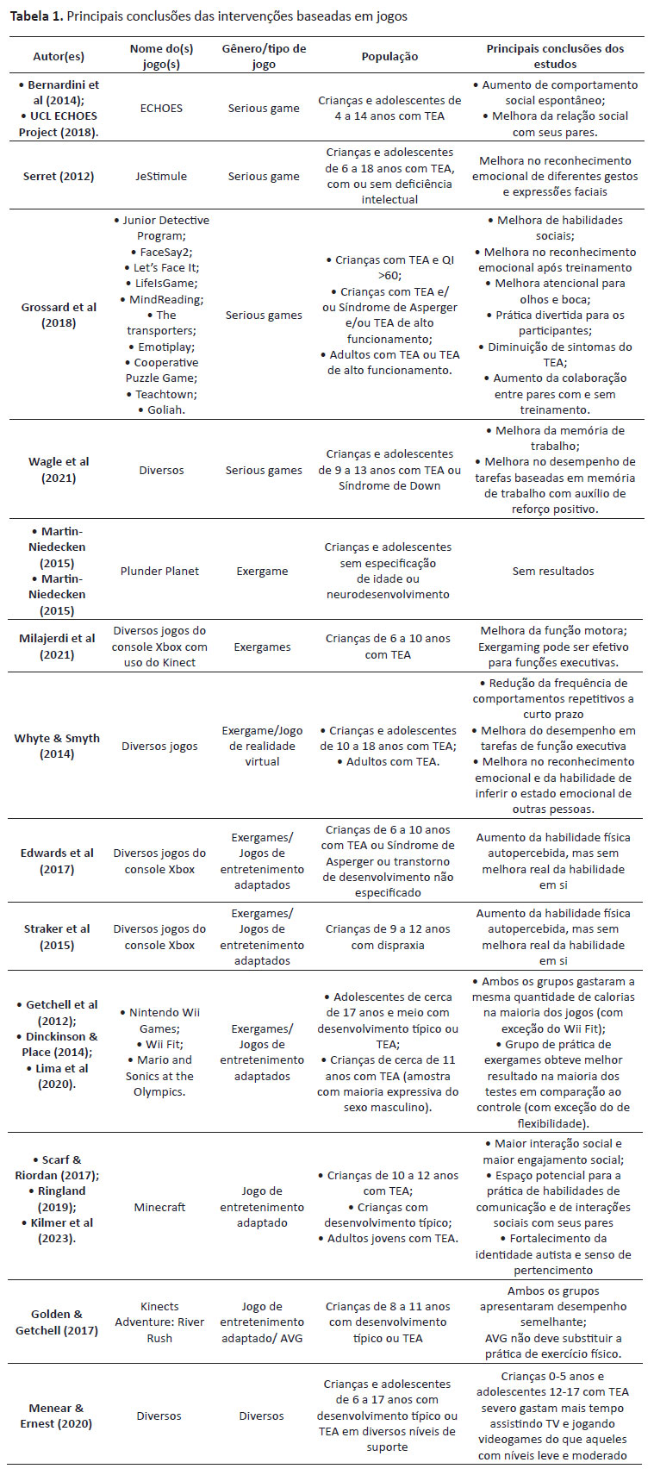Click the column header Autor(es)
59,56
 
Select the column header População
389,56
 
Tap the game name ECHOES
159,109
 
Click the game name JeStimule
159,176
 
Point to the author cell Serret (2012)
59,176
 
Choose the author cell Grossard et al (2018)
59,315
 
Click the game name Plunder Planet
159,571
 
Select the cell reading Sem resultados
552,571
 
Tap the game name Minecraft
159,1207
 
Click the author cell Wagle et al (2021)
59,470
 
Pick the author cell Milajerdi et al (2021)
59,647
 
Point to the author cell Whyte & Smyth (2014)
59,746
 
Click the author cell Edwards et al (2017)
59,860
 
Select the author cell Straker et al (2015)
59,937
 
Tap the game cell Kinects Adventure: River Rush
159,1322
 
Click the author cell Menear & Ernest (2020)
59,1416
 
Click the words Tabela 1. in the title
35,16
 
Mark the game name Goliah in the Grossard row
159,409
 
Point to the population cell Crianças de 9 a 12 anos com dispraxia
389,937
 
